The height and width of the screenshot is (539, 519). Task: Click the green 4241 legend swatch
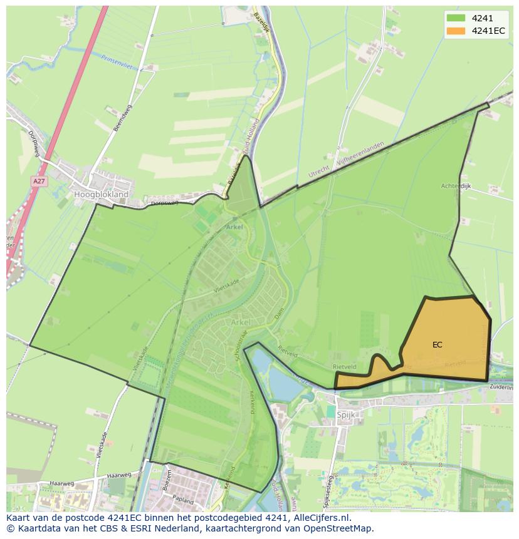456,18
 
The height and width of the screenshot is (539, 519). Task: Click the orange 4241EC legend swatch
456,31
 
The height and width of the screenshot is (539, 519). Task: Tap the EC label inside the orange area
437,344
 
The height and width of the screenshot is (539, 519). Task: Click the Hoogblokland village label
101,195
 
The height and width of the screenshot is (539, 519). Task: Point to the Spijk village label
346,415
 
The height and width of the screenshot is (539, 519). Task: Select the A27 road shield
39,181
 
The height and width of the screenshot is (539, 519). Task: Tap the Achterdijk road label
456,186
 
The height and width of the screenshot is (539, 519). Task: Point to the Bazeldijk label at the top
260,25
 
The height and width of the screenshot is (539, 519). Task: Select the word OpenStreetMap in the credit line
340,528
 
